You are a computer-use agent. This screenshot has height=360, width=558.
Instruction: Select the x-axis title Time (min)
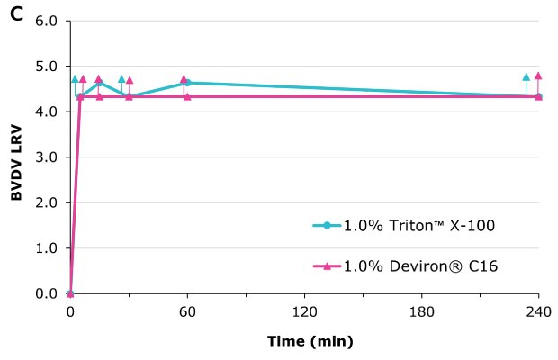[310, 341]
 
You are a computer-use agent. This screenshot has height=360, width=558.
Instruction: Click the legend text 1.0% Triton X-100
[418, 225]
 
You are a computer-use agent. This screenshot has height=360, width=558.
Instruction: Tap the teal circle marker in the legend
[328, 225]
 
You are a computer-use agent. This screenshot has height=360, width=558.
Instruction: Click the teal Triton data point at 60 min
[187, 83]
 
